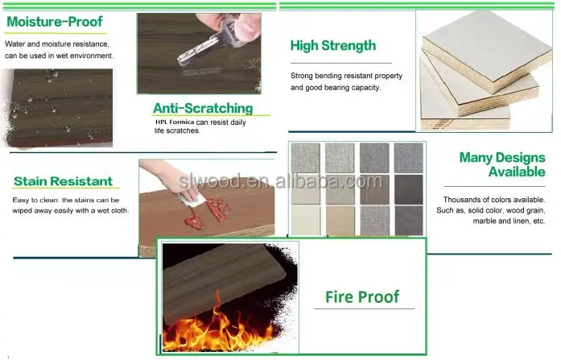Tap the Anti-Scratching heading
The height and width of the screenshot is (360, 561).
203,108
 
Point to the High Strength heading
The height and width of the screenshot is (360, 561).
332,46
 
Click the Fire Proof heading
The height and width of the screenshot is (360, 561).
362,296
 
